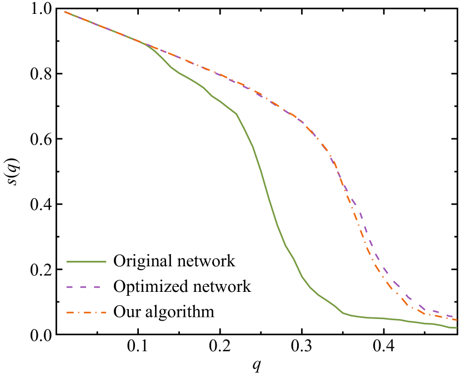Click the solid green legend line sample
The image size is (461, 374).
tap(86, 261)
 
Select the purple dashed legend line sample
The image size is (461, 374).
tap(83, 287)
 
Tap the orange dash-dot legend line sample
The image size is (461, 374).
tap(86, 312)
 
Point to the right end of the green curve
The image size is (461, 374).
tap(457, 328)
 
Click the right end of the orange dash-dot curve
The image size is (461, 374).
tap(457, 320)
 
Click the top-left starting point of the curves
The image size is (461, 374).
tap(65, 11)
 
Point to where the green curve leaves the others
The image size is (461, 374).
tap(146, 44)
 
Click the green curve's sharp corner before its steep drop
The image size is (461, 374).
tap(237, 114)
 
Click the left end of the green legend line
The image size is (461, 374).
tap(67, 261)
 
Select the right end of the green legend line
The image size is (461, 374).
tap(106, 261)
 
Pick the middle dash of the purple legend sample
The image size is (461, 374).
tap(83, 287)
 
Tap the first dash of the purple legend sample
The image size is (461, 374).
tap(70, 287)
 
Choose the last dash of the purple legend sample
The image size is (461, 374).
tap(97, 287)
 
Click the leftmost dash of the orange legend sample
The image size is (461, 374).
tap(69, 312)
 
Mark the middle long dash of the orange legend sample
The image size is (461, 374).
tap(87, 312)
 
